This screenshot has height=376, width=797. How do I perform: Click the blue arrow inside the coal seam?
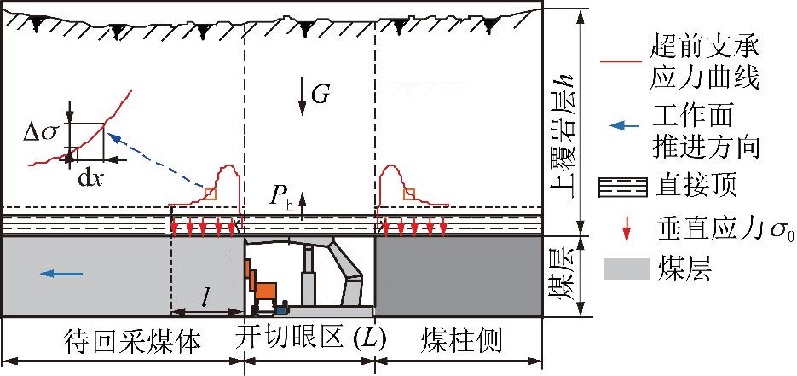[x=61, y=274]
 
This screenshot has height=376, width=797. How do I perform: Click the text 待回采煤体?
[x=133, y=341]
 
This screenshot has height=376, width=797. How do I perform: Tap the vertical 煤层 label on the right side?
[x=563, y=277]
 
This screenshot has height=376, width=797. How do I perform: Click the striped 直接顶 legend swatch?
[x=625, y=188]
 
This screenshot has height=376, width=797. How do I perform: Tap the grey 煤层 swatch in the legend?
[x=627, y=269]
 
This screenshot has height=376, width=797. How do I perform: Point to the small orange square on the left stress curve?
[x=211, y=194]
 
